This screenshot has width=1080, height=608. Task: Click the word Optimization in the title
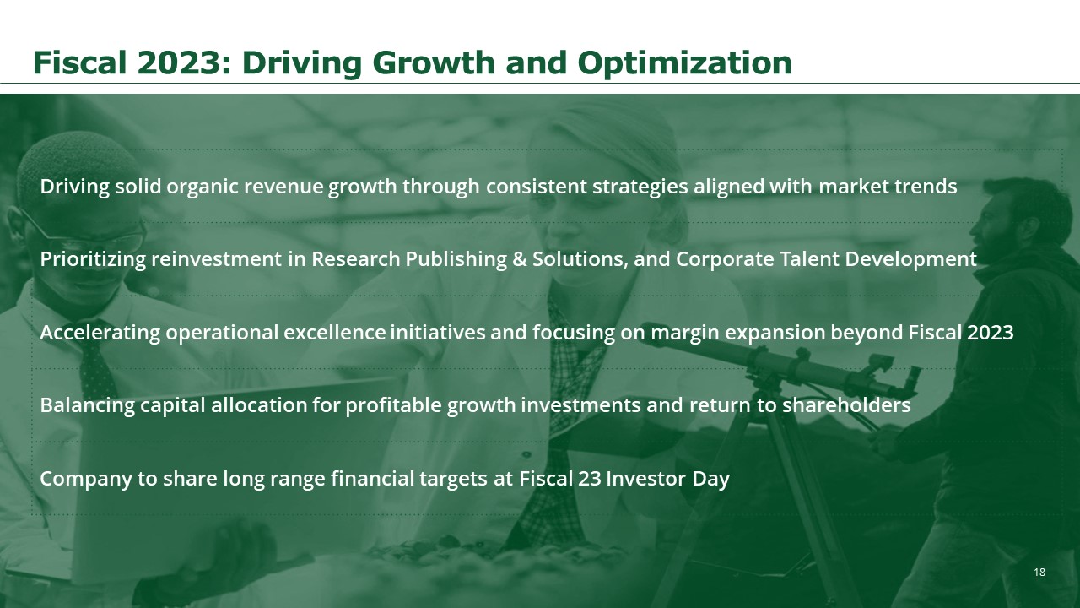684,63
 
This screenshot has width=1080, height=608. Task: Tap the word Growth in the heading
434,62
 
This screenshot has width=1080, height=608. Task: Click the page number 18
1039,573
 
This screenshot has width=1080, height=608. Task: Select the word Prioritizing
93,259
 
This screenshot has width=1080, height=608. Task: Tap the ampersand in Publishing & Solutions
520,259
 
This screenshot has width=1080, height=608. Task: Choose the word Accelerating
100,333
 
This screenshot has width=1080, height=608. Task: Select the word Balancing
87,405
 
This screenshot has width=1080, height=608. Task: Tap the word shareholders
846,404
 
